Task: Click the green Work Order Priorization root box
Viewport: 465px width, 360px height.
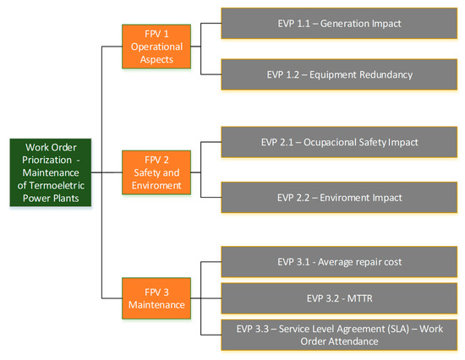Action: pos(51,172)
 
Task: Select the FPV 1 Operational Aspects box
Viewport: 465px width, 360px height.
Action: pos(156,46)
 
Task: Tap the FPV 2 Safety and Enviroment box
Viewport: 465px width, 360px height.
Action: pos(156,172)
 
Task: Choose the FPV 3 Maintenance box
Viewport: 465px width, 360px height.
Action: pos(156,298)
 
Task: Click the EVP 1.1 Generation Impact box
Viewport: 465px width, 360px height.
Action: pos(339,24)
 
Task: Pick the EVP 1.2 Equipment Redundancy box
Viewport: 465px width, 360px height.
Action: pos(339,74)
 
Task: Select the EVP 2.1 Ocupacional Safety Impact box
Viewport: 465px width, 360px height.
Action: pos(339,142)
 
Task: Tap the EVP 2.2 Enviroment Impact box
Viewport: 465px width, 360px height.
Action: pos(339,198)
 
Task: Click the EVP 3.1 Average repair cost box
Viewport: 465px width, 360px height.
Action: pos(339,262)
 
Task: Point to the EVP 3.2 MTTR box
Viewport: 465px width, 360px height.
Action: pos(339,298)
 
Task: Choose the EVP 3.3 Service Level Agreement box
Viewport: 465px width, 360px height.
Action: pos(339,335)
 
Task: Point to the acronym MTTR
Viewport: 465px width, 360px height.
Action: pos(359,298)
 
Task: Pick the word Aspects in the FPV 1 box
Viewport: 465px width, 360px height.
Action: pos(156,60)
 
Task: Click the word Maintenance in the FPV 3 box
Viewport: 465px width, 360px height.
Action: pos(156,305)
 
